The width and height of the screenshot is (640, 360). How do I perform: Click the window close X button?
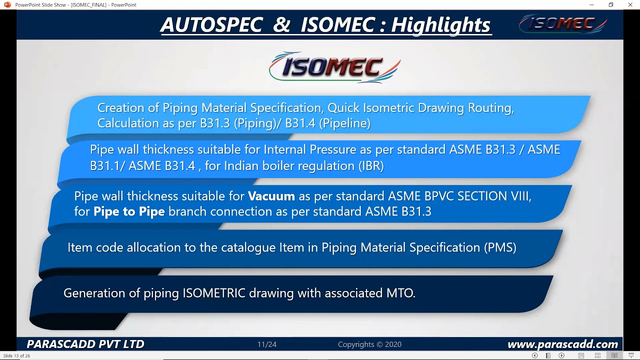point(630,5)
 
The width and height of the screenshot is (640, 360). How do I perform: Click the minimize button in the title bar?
point(591,5)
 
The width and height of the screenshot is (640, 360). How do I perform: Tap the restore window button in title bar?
point(610,5)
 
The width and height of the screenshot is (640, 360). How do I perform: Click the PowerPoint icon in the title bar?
point(7,5)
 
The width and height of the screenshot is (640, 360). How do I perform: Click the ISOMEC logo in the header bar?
point(562,23)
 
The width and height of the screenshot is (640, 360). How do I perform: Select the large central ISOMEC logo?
point(334,67)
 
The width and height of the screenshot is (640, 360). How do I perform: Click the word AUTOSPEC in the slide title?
point(211,24)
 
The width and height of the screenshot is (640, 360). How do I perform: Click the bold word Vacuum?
point(271,196)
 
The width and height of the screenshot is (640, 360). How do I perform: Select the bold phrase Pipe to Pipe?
point(129,211)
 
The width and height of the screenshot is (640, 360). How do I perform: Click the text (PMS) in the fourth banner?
point(499,247)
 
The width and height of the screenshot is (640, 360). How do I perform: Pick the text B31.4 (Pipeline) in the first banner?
point(327,123)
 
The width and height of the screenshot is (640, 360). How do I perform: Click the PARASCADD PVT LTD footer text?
point(85,344)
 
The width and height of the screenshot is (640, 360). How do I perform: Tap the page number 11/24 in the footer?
point(267,344)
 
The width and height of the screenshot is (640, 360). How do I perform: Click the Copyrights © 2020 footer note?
point(369,344)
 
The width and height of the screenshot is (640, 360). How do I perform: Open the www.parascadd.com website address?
point(562,344)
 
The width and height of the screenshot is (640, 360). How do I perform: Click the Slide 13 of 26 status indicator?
point(17,356)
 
